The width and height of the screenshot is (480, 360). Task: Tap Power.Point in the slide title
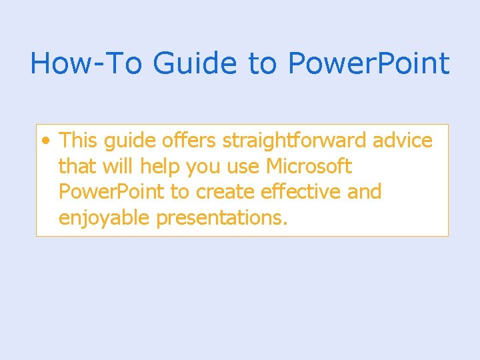tap(369, 63)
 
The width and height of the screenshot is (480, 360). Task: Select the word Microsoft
tap(309, 166)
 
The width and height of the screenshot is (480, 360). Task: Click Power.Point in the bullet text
tap(111, 192)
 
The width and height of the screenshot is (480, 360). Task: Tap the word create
tap(224, 192)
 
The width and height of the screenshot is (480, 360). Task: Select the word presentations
tap(221, 218)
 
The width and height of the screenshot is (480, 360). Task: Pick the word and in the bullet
tap(365, 192)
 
